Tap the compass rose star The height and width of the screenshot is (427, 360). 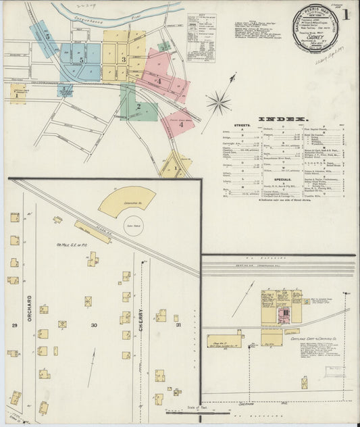(217, 103)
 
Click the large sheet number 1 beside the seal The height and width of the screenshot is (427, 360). (346, 13)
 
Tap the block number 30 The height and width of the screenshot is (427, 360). (94, 325)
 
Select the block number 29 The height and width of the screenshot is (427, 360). (14, 325)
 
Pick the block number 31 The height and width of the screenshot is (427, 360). (178, 325)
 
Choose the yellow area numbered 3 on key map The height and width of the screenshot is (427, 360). (124, 59)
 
